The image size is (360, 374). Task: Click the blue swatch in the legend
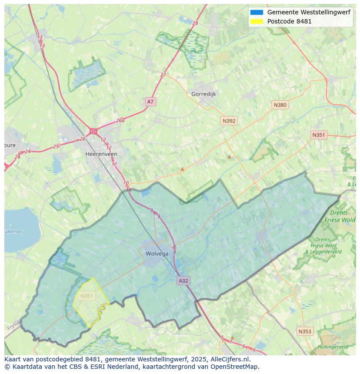point(257,12)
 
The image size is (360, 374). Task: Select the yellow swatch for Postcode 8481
point(257,21)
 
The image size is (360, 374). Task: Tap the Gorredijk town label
point(203,94)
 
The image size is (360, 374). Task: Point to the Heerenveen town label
point(101,154)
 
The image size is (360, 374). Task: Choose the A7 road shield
point(150,102)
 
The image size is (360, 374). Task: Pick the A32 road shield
point(183,281)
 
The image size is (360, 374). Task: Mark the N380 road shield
point(280,105)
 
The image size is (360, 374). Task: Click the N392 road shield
point(229,121)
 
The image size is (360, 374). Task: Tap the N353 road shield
point(304,331)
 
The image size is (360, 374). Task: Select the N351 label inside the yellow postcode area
point(87,296)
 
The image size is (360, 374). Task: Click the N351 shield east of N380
point(318,135)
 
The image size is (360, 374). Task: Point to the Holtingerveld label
point(333,347)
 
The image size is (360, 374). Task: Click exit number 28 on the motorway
point(195,23)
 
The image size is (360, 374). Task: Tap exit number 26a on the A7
point(120,121)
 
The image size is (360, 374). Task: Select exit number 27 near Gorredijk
point(163,75)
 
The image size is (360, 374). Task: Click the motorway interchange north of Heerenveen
point(93,131)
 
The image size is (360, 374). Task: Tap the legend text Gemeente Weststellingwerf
point(309,12)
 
